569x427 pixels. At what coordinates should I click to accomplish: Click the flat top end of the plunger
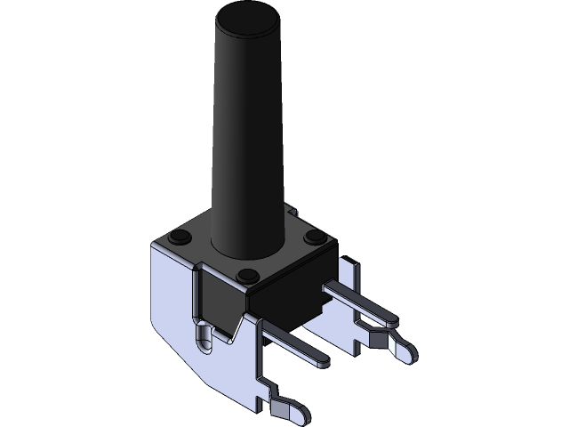click(x=244, y=15)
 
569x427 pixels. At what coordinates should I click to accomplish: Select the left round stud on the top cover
click(x=179, y=236)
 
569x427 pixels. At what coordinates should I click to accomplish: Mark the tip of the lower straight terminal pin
click(x=320, y=360)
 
